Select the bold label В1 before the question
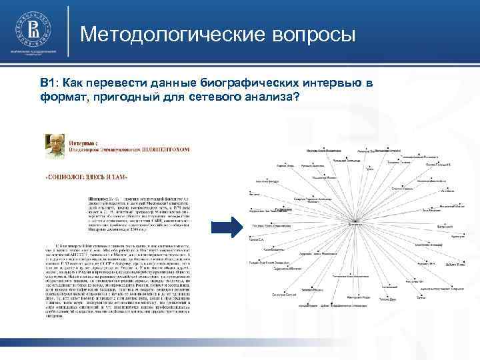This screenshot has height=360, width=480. (47, 83)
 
